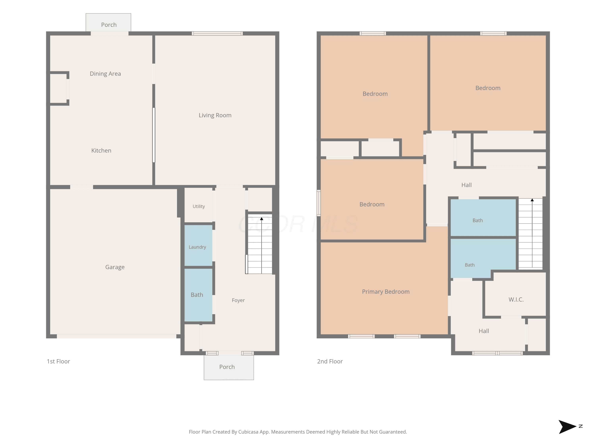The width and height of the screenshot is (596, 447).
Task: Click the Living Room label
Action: click(x=215, y=115)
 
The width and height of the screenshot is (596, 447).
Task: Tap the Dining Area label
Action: click(x=105, y=74)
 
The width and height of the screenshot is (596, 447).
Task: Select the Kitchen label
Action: click(x=101, y=151)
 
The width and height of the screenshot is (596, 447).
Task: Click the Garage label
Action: click(x=115, y=267)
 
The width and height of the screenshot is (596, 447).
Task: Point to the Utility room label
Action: click(x=199, y=206)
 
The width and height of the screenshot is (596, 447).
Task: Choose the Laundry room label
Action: click(x=197, y=247)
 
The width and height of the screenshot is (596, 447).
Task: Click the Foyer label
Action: click(x=238, y=300)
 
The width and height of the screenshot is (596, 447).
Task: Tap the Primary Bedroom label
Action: click(x=386, y=291)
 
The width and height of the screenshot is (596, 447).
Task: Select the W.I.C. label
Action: click(x=516, y=300)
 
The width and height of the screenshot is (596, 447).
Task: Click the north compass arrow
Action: click(x=567, y=427)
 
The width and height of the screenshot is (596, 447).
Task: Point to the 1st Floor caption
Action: click(x=58, y=361)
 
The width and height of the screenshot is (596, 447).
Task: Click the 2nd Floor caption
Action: click(x=330, y=361)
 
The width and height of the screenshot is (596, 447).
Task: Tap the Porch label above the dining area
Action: click(x=109, y=25)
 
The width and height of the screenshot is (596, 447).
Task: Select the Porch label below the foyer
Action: click(x=227, y=367)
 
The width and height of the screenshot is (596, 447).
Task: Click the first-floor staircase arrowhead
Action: click(x=261, y=219)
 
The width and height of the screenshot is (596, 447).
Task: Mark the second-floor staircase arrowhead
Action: click(x=532, y=200)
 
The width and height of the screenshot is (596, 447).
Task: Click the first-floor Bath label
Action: click(x=197, y=295)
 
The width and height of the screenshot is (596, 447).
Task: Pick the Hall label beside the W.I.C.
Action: click(x=484, y=331)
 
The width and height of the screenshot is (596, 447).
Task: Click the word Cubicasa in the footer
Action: click(x=248, y=432)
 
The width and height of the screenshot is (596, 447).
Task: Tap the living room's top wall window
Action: click(x=217, y=33)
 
